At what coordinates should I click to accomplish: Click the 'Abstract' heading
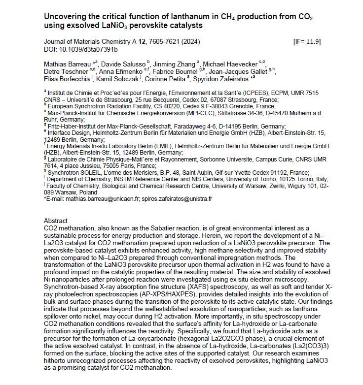coord(56,221)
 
